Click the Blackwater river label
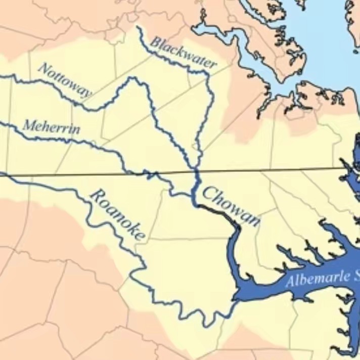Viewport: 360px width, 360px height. point(184,54)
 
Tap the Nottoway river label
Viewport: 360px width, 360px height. point(65,80)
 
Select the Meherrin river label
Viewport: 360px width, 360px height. point(51,126)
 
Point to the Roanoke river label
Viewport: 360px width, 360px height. point(117,213)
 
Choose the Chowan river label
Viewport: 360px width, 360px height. point(232,206)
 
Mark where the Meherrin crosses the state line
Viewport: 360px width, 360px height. point(148,174)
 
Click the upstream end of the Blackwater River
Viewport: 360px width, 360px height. point(138,27)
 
